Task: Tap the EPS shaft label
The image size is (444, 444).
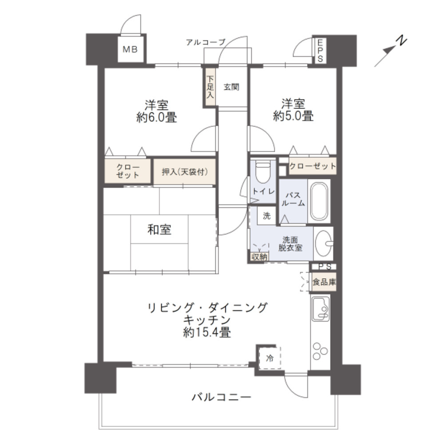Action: click(x=319, y=50)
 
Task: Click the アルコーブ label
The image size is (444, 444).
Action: click(x=206, y=42)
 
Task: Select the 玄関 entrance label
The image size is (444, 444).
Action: click(x=231, y=87)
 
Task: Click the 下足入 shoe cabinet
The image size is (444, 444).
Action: click(x=210, y=87)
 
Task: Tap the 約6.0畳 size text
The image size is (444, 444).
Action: click(x=156, y=117)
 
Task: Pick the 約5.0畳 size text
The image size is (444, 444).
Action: click(x=293, y=116)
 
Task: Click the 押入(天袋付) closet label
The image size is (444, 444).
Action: click(x=184, y=172)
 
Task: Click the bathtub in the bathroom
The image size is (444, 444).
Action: click(x=319, y=202)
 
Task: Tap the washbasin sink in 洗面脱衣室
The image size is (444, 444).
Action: click(x=325, y=242)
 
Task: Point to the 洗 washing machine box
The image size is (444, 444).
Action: click(x=266, y=216)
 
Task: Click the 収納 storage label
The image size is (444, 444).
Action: click(x=259, y=257)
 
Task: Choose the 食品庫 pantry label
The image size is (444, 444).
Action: click(x=324, y=282)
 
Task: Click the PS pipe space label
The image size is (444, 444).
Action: click(x=324, y=266)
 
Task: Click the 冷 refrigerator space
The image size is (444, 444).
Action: click(x=269, y=358)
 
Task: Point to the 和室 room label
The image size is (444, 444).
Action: click(x=159, y=230)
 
